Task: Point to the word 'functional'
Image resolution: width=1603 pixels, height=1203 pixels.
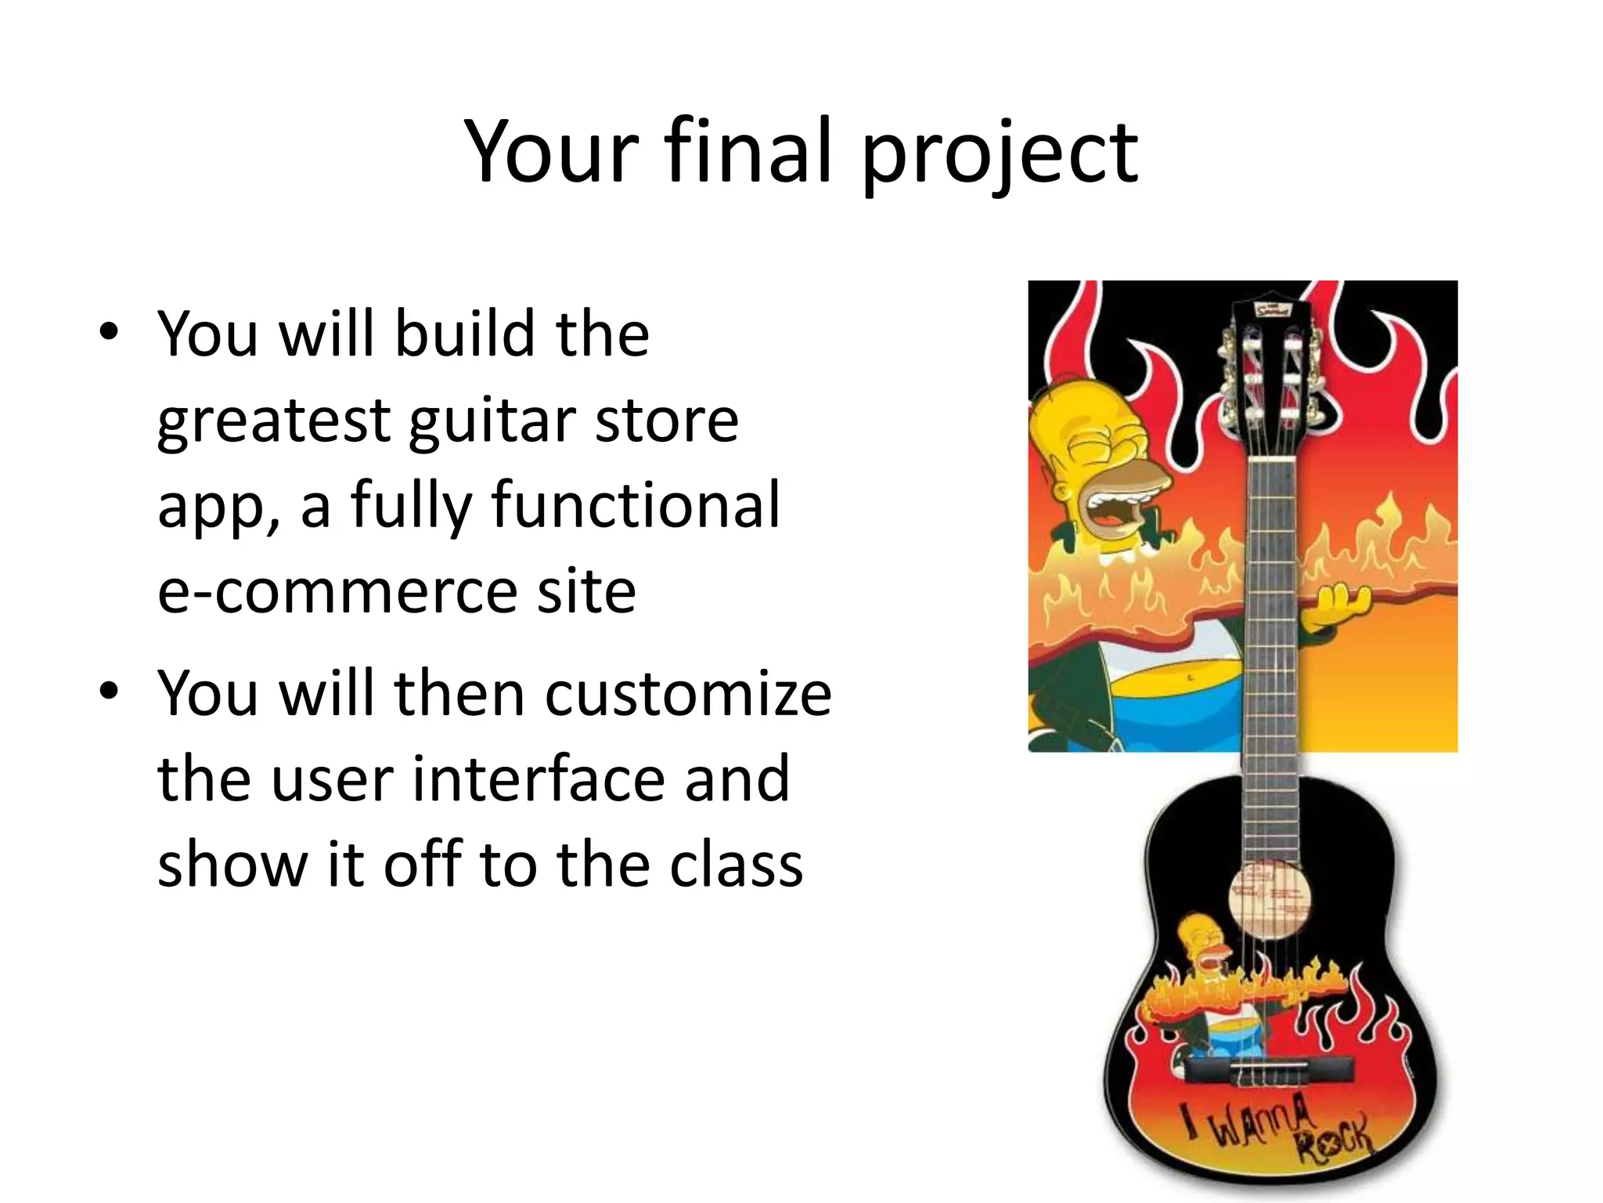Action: pyautogui.click(x=636, y=505)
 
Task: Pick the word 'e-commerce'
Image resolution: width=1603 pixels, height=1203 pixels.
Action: pyautogui.click(x=336, y=591)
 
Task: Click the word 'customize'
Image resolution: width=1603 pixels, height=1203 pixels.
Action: pyautogui.click(x=688, y=693)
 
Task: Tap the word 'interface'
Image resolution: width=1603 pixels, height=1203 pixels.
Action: pyautogui.click(x=538, y=779)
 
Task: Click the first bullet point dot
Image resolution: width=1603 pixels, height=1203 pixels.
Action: pyautogui.click(x=109, y=332)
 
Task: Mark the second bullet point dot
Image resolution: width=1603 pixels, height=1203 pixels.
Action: pyautogui.click(x=109, y=692)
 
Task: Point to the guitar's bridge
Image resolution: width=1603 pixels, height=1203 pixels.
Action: pyautogui.click(x=1270, y=1069)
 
